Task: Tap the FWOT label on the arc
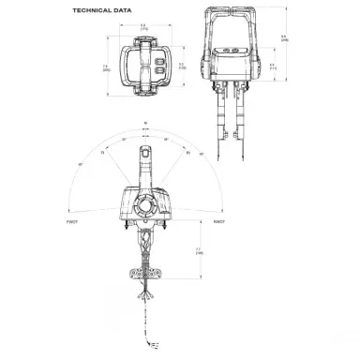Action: [x=72, y=221]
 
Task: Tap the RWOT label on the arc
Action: [x=218, y=221]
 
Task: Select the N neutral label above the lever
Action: [x=145, y=123]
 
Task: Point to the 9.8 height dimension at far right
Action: [x=284, y=37]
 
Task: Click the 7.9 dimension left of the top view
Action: [x=106, y=67]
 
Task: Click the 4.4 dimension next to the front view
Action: [x=272, y=65]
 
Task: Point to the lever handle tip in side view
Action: [x=145, y=154]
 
